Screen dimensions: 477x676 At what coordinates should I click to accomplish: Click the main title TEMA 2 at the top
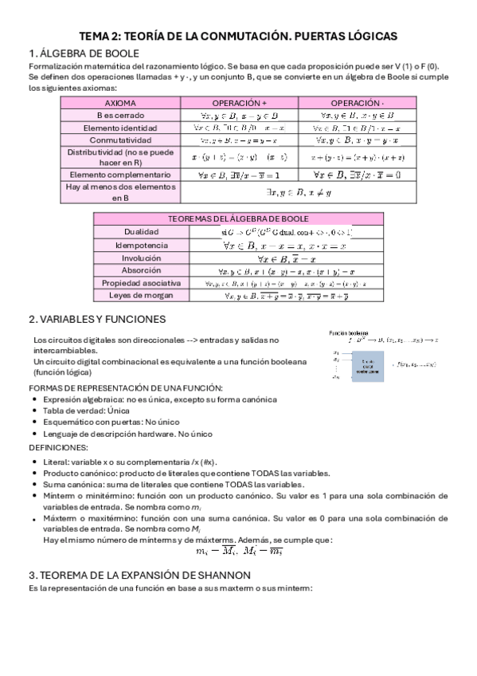[238, 37]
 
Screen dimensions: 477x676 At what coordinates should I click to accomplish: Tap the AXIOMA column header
[119, 104]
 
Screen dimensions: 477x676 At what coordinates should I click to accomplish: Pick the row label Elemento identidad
[119, 128]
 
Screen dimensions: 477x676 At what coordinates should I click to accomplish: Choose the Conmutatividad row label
[119, 140]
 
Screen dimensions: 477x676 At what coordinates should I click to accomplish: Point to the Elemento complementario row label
[119, 174]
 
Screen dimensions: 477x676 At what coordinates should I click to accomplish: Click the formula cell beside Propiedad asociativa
[275, 283]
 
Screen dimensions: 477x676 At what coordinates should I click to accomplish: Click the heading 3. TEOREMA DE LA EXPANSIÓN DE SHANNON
[139, 575]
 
